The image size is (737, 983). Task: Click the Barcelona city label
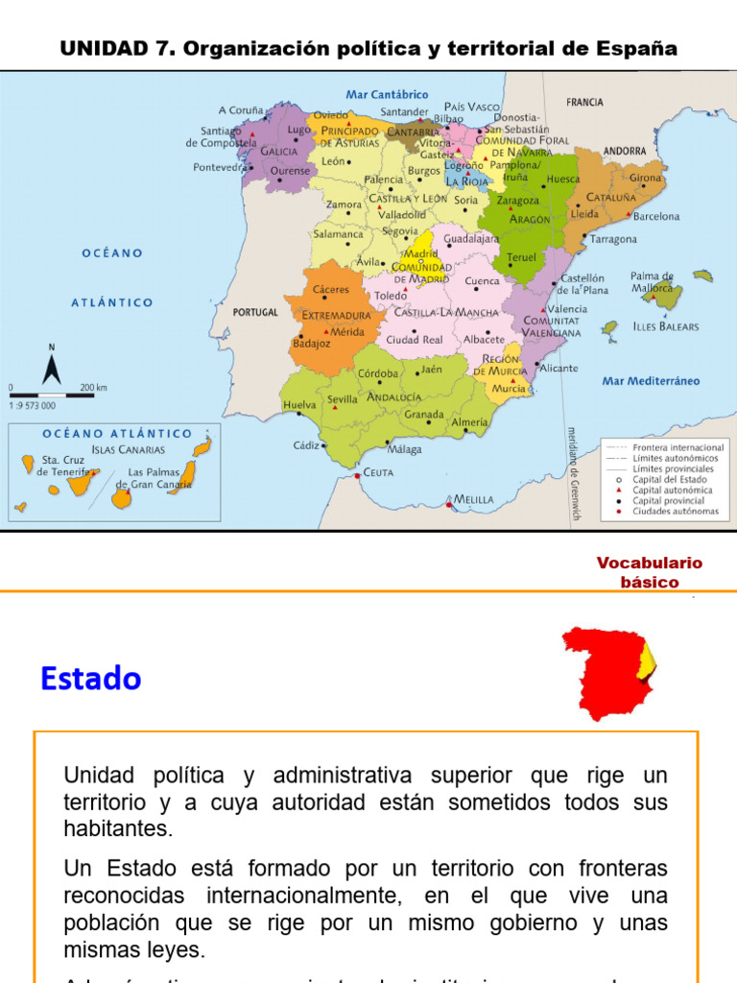point(656,217)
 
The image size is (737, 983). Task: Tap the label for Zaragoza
point(518,201)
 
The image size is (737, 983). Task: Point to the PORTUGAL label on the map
point(256,312)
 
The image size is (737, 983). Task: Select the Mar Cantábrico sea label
point(387,95)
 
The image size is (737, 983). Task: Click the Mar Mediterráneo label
point(651,381)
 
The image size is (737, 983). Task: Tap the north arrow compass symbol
point(52,365)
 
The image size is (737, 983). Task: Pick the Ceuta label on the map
point(378,472)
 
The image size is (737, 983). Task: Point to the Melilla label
point(474,499)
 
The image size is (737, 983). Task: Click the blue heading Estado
point(91,680)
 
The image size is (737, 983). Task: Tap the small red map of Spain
point(608,672)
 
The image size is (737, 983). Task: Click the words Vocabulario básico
point(650,572)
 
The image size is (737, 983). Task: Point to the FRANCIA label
point(584,102)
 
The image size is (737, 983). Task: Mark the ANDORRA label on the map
point(624,151)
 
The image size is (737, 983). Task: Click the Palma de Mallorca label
point(653,281)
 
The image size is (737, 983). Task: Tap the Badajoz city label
point(312,343)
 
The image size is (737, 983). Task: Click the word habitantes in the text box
point(117,827)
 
